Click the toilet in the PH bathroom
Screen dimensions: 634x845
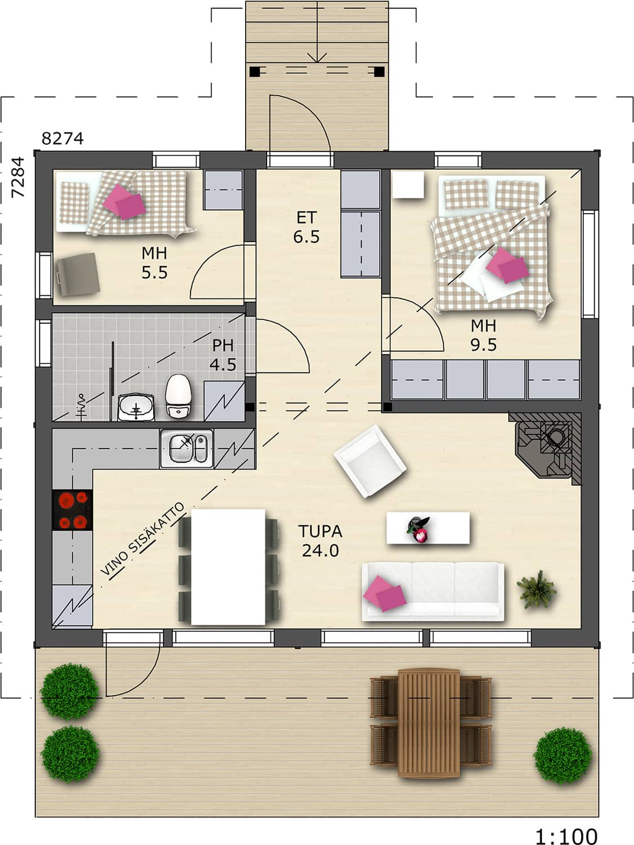click(178, 397)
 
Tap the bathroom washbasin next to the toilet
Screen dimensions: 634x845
click(136, 407)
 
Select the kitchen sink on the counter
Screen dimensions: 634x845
click(187, 449)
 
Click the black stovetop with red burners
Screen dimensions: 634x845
click(72, 510)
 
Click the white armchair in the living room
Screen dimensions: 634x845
click(370, 461)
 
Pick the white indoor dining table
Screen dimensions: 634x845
click(228, 567)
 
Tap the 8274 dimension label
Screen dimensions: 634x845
click(63, 139)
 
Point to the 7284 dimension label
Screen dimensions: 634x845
click(17, 177)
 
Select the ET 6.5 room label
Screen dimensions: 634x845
click(307, 228)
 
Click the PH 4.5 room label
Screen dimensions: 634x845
click(223, 355)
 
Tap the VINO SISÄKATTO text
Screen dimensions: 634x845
click(143, 539)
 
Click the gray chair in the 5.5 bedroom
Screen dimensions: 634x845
click(78, 274)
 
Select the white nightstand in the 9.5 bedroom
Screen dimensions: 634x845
click(408, 185)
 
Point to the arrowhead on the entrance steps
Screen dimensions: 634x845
click(317, 58)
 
